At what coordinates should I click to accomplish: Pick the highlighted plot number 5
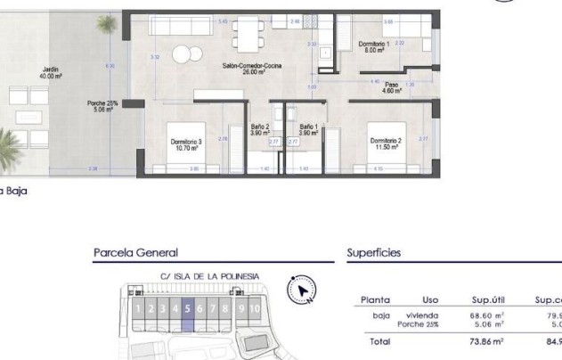click(188, 309)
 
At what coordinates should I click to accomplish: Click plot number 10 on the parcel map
click(255, 309)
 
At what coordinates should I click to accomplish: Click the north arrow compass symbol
click(304, 290)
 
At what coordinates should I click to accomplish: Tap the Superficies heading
click(373, 254)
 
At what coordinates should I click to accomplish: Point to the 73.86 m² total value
click(487, 341)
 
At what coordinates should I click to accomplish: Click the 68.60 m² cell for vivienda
click(487, 315)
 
